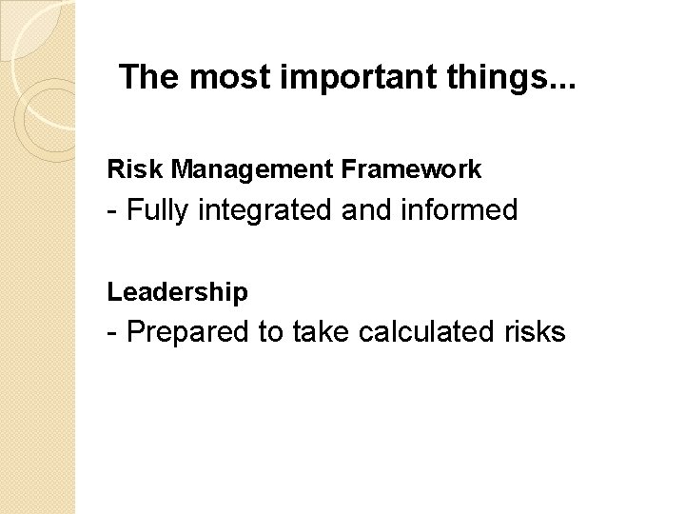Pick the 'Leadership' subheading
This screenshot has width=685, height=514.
pos(178,291)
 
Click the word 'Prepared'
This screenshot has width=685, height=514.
pos(185,332)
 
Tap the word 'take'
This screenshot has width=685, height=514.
pos(319,332)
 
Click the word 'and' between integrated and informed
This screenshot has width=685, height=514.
pos(373,210)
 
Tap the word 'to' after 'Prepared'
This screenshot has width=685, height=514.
pos(270,332)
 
